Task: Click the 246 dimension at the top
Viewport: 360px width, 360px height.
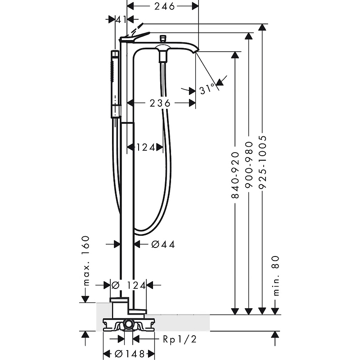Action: tap(164, 6)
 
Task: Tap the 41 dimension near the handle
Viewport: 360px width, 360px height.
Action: tap(121, 20)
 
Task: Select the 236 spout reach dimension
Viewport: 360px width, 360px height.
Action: tap(160, 103)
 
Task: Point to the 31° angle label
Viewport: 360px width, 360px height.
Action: tap(207, 89)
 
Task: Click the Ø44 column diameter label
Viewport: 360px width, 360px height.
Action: tap(163, 244)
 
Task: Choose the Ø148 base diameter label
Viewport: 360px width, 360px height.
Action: tap(130, 354)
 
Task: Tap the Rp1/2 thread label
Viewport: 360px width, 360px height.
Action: tap(180, 339)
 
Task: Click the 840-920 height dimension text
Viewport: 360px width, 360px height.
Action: tap(235, 175)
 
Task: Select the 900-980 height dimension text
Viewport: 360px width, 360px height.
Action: tap(249, 165)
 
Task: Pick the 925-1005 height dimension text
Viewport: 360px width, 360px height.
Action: tap(262, 162)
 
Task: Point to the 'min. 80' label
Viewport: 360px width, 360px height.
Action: tap(276, 276)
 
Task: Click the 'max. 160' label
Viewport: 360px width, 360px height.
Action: tap(86, 261)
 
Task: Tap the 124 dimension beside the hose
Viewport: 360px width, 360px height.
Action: tap(146, 148)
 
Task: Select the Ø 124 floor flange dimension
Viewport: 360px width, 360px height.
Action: tap(129, 285)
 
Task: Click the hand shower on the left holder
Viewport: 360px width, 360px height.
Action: tap(116, 84)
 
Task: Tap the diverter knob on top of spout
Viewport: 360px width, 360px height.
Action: tap(163, 39)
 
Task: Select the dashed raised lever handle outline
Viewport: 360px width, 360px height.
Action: tap(137, 28)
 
